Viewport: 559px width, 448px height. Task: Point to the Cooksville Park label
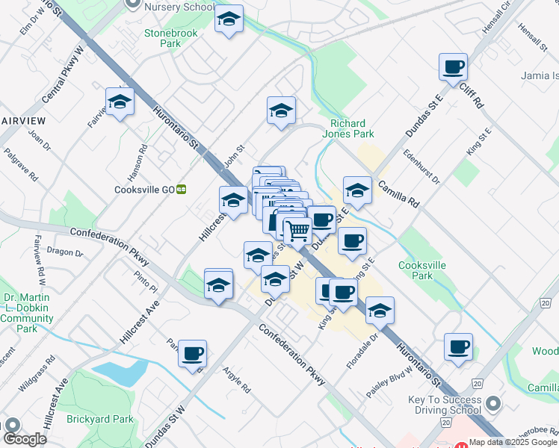pyautogui.click(x=416, y=270)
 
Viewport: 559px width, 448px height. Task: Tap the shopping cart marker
pyautogui.click(x=297, y=231)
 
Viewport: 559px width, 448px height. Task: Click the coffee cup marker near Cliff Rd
pyautogui.click(x=453, y=68)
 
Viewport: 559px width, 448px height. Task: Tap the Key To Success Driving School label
pyautogui.click(x=445, y=405)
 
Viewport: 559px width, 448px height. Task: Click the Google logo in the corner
pyautogui.click(x=25, y=440)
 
